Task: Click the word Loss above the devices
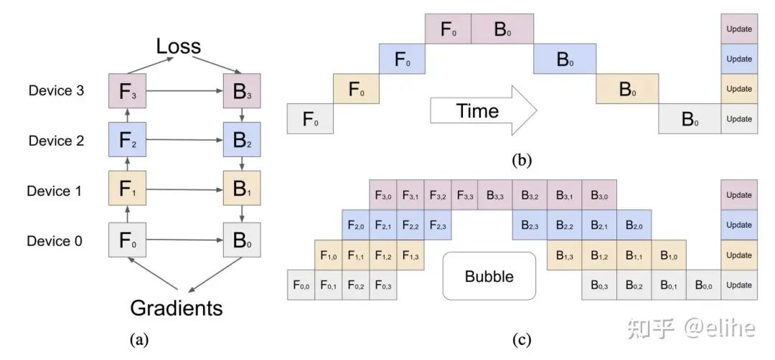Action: tap(179, 47)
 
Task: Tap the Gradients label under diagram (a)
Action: tap(176, 308)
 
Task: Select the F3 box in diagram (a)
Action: tap(126, 92)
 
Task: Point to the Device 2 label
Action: tap(55, 141)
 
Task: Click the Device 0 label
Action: tap(55, 241)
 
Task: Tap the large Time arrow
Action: tap(483, 111)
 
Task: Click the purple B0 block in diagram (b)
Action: tap(502, 29)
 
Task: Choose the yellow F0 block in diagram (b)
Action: tap(355, 89)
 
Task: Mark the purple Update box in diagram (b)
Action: tap(739, 29)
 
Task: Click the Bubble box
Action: tap(489, 276)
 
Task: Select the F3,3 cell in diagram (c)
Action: tap(464, 194)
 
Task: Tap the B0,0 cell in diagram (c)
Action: tap(704, 285)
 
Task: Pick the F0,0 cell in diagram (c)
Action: tap(301, 285)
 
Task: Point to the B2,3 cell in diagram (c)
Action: tap(530, 225)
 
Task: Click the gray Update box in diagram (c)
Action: tap(739, 285)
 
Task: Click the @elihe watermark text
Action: tap(718, 328)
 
